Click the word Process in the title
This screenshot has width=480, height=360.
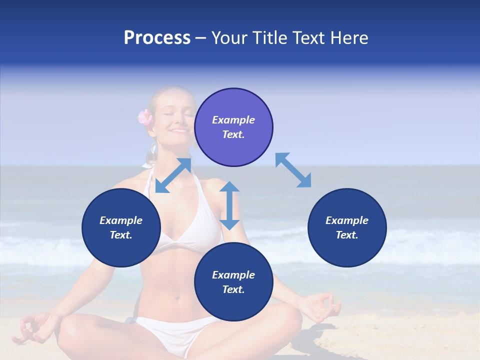point(157,38)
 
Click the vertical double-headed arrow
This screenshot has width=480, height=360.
point(229,205)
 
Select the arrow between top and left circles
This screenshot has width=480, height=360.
point(173,175)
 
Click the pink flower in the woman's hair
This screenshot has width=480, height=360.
point(145,117)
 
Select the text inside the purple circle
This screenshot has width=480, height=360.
point(233,127)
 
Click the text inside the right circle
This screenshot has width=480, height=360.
point(347,227)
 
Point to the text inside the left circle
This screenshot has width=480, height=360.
point(121,227)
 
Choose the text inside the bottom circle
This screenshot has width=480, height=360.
point(233,282)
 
